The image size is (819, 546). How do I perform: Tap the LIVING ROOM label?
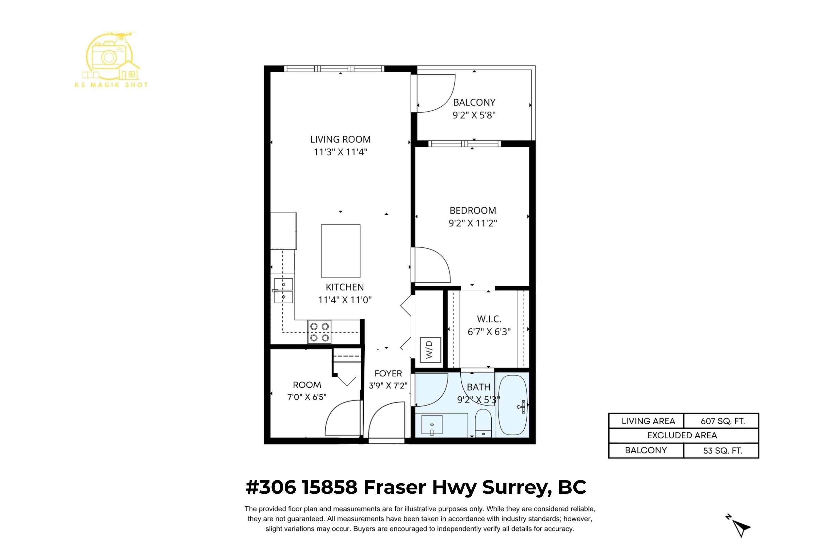340,139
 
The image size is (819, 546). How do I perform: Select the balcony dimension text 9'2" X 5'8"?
474,115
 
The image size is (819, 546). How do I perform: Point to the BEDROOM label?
472,210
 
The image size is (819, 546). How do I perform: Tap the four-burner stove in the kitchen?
319,332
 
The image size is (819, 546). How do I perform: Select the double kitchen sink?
283,291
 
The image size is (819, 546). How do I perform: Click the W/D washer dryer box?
430,350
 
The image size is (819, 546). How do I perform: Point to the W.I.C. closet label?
489,319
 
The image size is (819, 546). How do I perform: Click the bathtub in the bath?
513,405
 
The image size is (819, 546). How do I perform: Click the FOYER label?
388,374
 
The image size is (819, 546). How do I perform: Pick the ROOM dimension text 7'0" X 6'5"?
307,397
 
